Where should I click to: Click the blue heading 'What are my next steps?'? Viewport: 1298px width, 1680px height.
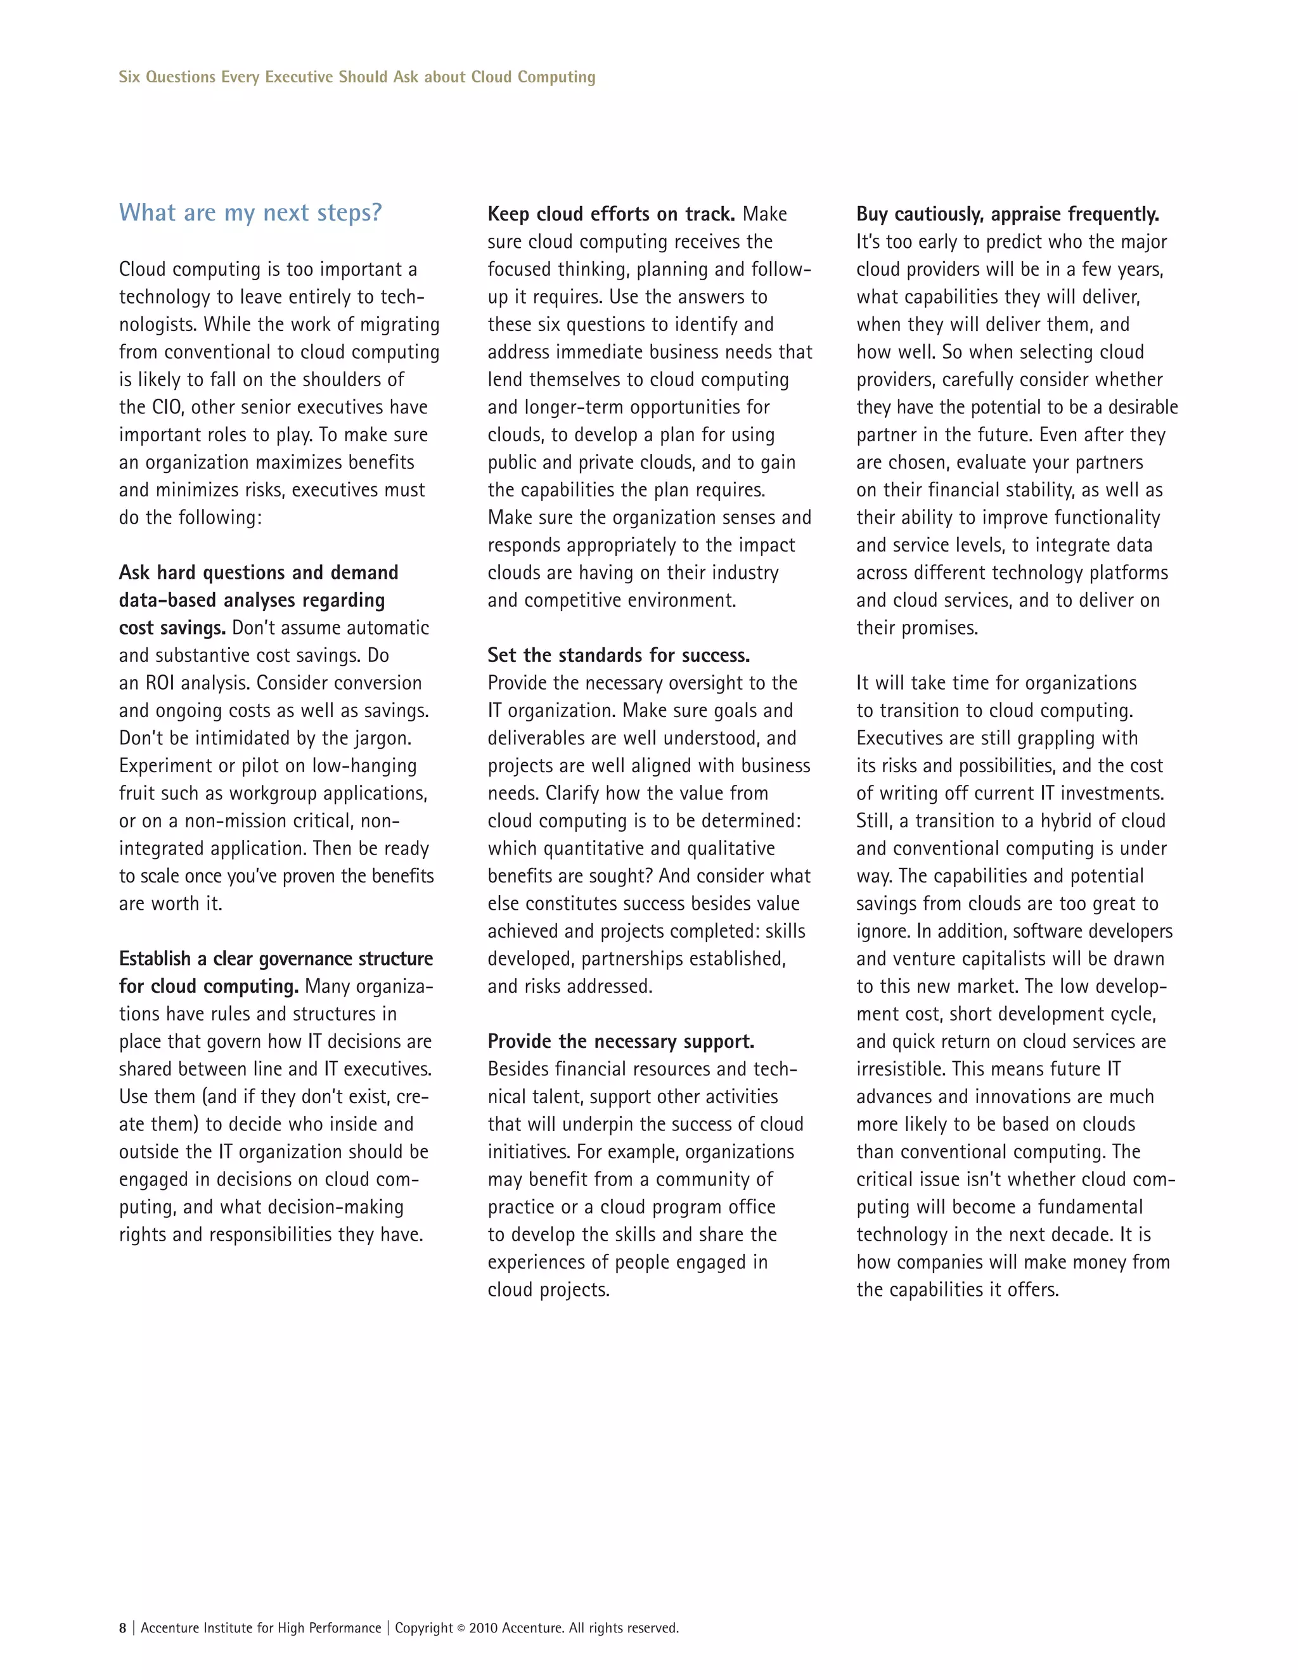click(x=250, y=213)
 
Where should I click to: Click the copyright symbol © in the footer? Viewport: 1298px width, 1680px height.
click(x=461, y=1629)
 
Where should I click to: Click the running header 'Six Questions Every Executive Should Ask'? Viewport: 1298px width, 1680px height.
click(x=357, y=77)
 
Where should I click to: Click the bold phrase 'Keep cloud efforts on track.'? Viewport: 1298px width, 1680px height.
click(x=612, y=214)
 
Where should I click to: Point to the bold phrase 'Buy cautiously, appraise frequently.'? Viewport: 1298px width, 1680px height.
click(x=1007, y=214)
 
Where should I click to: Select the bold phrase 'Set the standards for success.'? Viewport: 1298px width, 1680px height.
click(x=618, y=656)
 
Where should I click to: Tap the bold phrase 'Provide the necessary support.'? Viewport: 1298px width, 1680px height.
click(x=620, y=1042)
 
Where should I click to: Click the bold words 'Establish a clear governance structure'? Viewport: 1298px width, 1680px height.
click(x=275, y=959)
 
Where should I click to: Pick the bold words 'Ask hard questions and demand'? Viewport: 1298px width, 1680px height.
click(x=259, y=572)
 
